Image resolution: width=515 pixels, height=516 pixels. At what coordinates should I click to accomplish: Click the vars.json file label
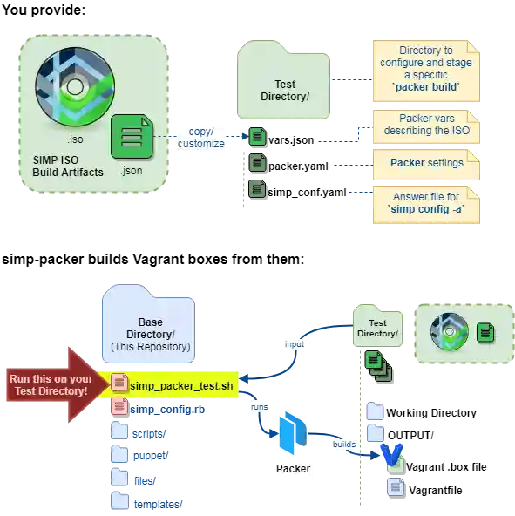coord(291,140)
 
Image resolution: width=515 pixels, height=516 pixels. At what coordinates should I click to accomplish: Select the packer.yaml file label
coord(298,166)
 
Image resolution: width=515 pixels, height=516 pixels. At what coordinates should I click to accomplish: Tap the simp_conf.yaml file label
coord(307,192)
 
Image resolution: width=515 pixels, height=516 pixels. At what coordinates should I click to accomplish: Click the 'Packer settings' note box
coord(426,165)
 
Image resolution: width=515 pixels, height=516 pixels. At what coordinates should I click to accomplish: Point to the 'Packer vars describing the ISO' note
coord(426,126)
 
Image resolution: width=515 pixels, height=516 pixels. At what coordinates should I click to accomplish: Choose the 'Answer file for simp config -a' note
coord(426,205)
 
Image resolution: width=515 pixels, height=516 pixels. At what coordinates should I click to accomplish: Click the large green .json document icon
coord(132,137)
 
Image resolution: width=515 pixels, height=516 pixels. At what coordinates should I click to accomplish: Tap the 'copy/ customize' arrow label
coord(201,138)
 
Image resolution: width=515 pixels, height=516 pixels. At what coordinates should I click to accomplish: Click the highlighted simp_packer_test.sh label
coord(181,385)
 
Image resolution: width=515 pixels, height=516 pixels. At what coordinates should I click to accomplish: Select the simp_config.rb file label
coord(167,410)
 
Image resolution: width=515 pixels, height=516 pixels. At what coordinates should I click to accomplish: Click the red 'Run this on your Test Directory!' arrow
coord(57,384)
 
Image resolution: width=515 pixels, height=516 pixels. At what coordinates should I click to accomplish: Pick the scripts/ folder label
coord(149,434)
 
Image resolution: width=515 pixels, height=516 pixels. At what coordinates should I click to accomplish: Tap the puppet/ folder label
coord(151,456)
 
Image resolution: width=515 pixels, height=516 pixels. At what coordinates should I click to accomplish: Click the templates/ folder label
coord(158,504)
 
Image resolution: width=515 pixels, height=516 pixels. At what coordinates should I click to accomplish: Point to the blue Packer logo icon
coord(293,432)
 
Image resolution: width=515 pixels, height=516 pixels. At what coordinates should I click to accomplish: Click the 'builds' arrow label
coord(344,445)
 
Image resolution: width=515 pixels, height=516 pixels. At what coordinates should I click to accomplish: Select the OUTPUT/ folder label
coord(410,436)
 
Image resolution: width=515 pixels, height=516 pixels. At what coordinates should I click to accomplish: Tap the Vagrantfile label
coord(436,491)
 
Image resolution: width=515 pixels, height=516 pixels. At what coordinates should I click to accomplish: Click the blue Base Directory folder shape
coord(148,324)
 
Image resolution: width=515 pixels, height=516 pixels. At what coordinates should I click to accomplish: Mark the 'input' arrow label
coord(295,344)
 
